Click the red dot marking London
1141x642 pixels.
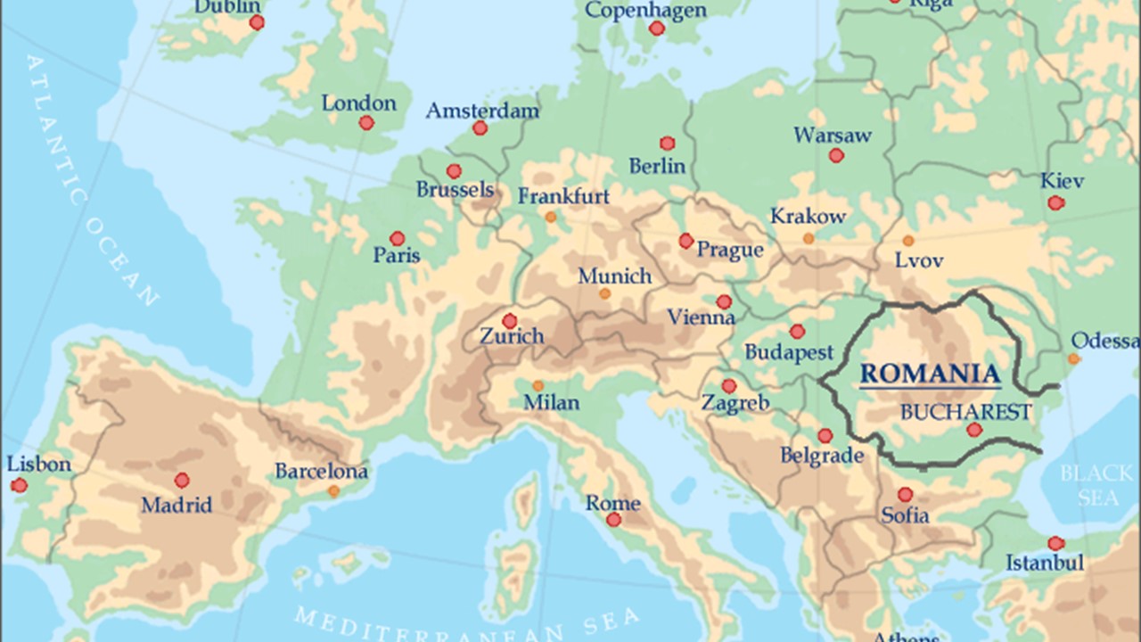(x=366, y=123)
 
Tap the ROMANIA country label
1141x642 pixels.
(x=930, y=374)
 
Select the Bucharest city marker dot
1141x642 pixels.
(x=974, y=430)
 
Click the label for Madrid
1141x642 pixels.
(x=176, y=506)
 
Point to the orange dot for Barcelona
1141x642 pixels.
(x=333, y=491)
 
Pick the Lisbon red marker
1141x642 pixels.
(x=19, y=485)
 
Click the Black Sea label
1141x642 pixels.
(x=1096, y=486)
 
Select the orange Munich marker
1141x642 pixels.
(x=605, y=293)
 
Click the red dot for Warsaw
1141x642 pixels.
(x=836, y=155)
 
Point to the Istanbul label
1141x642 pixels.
(x=1045, y=563)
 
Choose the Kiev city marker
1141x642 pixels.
(x=1056, y=203)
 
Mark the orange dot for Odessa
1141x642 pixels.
(x=1074, y=358)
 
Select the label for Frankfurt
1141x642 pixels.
(x=563, y=195)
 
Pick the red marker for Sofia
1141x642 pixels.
(x=906, y=494)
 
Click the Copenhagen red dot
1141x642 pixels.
(x=657, y=29)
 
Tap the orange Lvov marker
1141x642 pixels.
(x=907, y=241)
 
